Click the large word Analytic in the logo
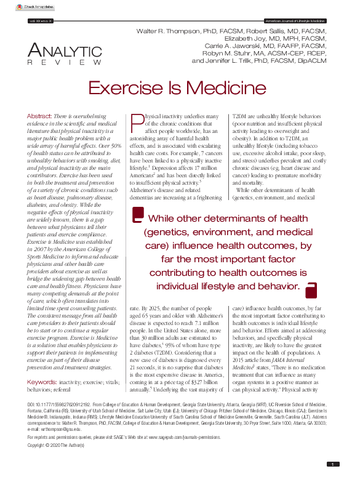point(65,52)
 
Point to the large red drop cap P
point(136,124)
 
